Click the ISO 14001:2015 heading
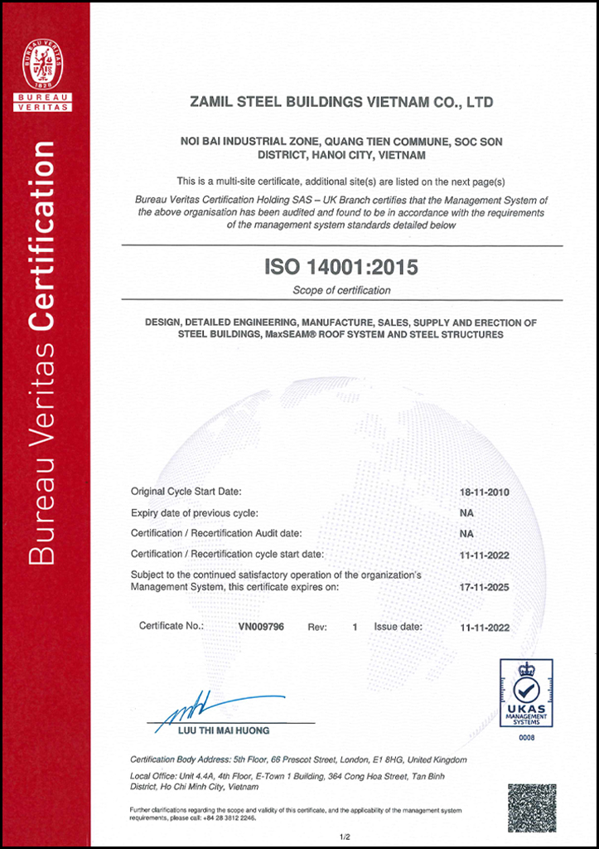pyautogui.click(x=341, y=268)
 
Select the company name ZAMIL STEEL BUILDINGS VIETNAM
pyautogui.click(x=341, y=103)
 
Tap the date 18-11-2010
pyautogui.click(x=485, y=492)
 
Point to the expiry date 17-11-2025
pyautogui.click(x=485, y=587)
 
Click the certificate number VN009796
pyautogui.click(x=261, y=627)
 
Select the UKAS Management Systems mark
pyautogui.click(x=526, y=693)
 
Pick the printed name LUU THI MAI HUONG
pyautogui.click(x=224, y=730)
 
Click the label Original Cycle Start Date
pyautogui.click(x=186, y=492)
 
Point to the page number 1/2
pyautogui.click(x=345, y=837)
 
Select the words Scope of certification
pyautogui.click(x=341, y=290)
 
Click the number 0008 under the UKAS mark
pyautogui.click(x=527, y=736)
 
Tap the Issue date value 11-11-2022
pyautogui.click(x=485, y=627)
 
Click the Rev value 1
pyautogui.click(x=355, y=627)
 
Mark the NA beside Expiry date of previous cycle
pyautogui.click(x=466, y=512)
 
